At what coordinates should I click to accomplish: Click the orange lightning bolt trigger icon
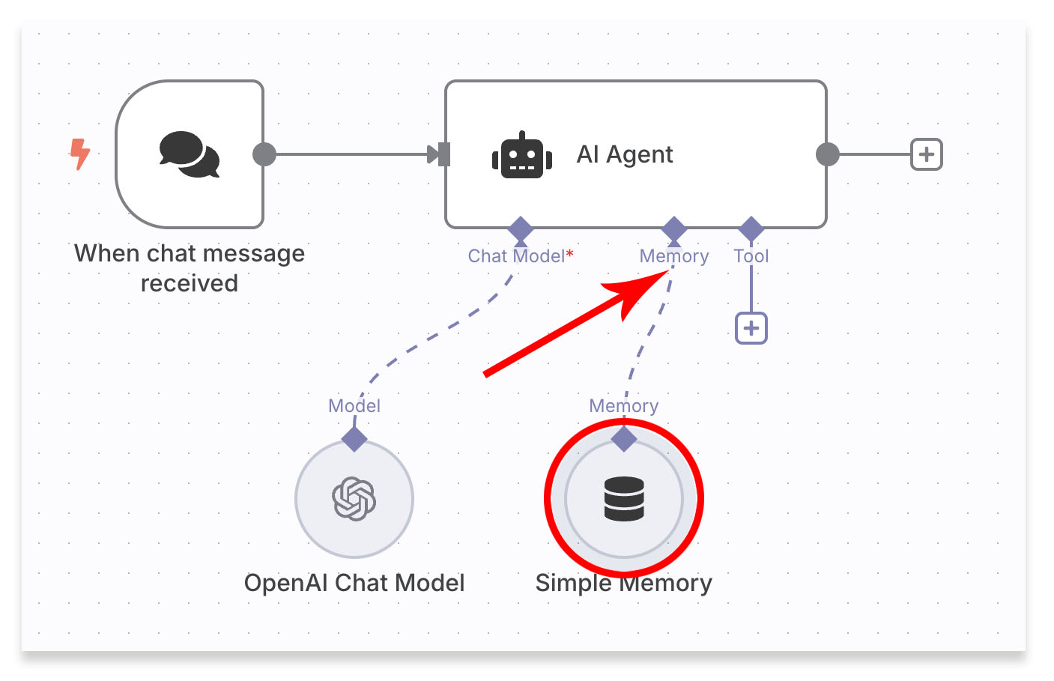80,154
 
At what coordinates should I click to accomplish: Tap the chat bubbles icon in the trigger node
189,154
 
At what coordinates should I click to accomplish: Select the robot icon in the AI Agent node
522,156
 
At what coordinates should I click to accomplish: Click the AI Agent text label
625,154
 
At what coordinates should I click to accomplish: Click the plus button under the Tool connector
751,328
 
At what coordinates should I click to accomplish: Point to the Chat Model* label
521,256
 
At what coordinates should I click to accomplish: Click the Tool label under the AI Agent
751,256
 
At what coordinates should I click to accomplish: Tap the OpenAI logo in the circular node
354,499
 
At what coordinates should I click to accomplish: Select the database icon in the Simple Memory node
624,499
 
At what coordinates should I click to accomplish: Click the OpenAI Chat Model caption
354,583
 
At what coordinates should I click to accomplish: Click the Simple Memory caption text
624,583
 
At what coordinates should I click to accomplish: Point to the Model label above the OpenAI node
354,406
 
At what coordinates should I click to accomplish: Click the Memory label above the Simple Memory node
624,406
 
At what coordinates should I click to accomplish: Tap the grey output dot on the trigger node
264,154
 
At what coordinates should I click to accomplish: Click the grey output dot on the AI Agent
827,154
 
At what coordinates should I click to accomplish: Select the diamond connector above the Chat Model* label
521,228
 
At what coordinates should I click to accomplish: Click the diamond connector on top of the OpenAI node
354,438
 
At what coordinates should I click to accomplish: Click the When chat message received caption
190,268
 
